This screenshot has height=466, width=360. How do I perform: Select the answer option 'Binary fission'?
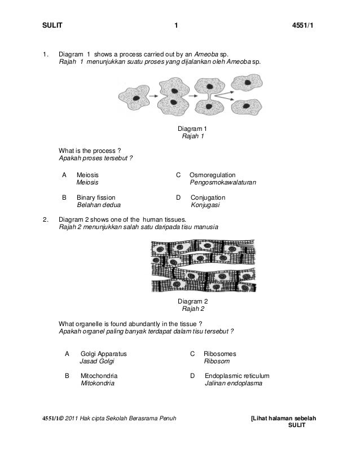click(96, 198)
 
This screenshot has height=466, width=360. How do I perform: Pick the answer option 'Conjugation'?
click(208, 198)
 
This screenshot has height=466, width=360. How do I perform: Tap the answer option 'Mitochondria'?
click(100, 375)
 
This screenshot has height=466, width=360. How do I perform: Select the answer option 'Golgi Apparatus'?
click(104, 354)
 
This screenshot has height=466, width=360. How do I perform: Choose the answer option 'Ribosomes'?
click(220, 354)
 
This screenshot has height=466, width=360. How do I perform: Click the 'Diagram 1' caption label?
click(192, 129)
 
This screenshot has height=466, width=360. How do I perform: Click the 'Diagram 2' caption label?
click(192, 301)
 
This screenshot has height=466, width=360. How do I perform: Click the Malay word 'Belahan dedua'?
click(98, 206)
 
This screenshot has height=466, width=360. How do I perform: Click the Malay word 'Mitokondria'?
click(98, 383)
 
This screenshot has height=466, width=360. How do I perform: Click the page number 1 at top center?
click(176, 25)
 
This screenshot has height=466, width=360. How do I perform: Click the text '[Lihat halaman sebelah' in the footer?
click(283, 418)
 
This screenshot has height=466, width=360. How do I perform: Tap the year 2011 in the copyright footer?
click(73, 418)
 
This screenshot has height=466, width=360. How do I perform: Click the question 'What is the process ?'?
click(90, 150)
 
